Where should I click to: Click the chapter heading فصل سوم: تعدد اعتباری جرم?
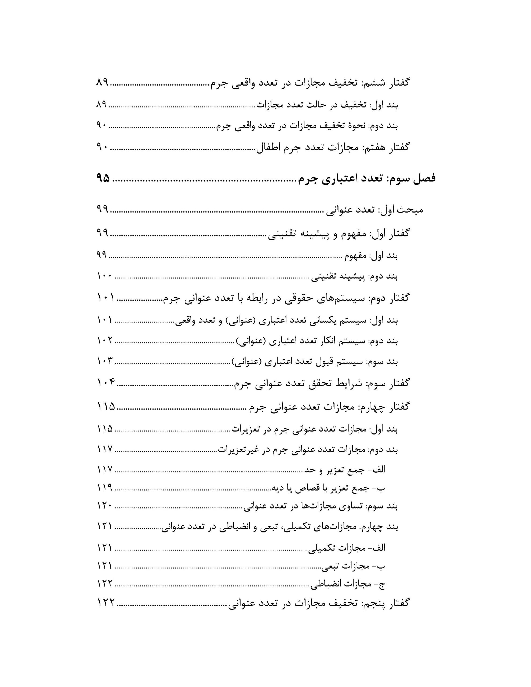click(367, 178)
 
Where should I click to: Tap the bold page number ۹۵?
click(103, 178)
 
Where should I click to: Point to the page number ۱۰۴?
click(106, 383)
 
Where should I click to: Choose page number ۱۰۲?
click(105, 340)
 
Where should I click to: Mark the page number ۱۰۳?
click(105, 361)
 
